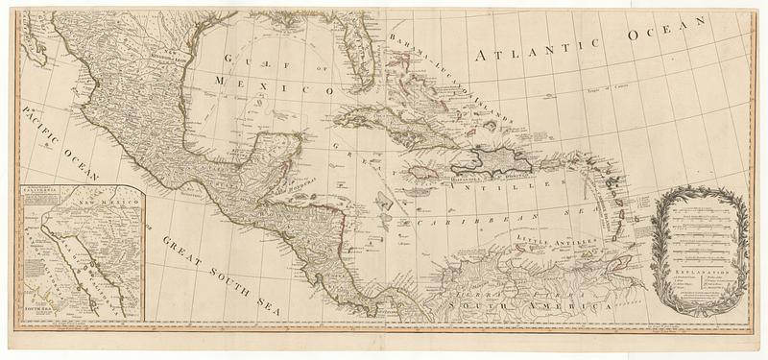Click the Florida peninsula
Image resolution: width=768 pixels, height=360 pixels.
360,53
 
